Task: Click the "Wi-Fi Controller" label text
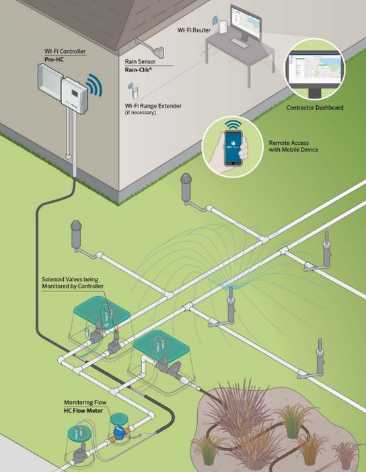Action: click(x=65, y=51)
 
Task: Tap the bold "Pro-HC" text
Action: click(x=54, y=59)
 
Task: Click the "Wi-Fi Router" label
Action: click(x=194, y=30)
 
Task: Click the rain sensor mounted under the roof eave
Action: click(x=159, y=52)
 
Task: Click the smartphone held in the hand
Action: click(x=233, y=148)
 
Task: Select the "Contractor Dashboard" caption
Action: click(x=315, y=107)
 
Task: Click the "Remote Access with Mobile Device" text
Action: click(x=293, y=146)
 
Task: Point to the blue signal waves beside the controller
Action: click(x=95, y=85)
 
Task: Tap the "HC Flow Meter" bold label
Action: click(x=83, y=411)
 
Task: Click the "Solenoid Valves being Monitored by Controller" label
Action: click(x=73, y=283)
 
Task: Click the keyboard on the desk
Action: click(x=240, y=43)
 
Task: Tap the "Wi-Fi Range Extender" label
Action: click(x=153, y=106)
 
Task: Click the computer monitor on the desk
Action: click(x=246, y=23)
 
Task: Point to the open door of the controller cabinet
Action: click(x=50, y=82)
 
